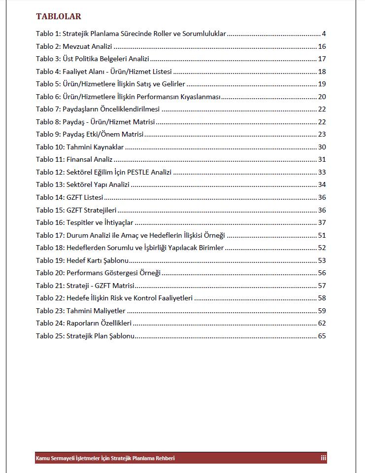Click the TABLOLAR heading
(x=58, y=17)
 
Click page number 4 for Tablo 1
(x=324, y=34)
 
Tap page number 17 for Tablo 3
(x=322, y=59)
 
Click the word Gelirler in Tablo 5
(x=172, y=84)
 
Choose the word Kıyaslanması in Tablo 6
(x=201, y=97)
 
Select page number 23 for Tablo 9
(x=322, y=134)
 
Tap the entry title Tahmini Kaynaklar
(x=95, y=147)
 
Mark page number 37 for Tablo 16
(x=322, y=222)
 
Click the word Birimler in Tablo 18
(x=210, y=248)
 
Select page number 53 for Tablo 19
(x=322, y=260)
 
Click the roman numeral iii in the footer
(x=323, y=458)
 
